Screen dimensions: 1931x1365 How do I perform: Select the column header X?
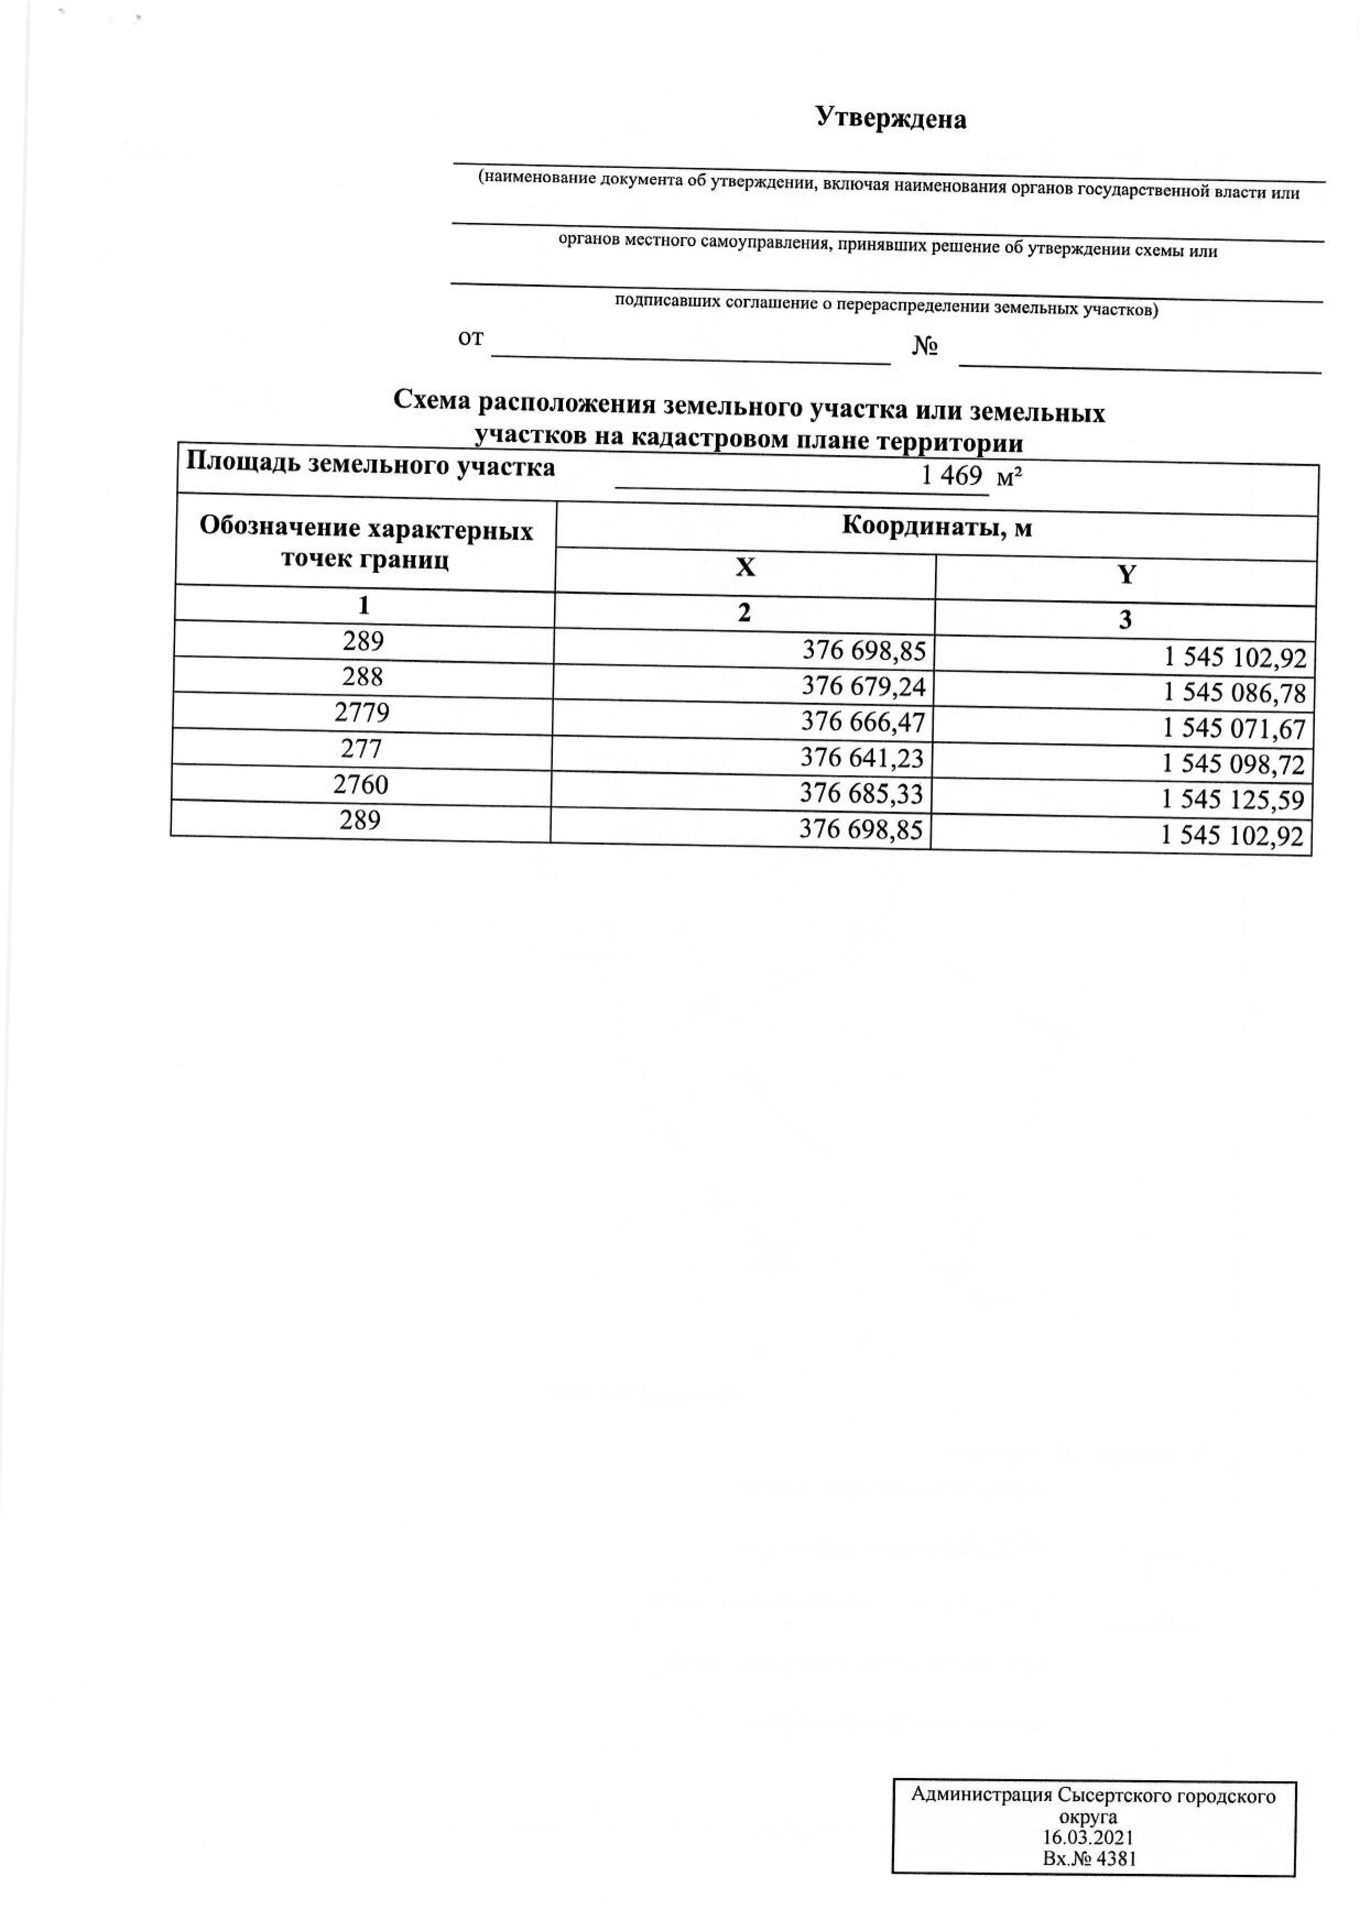pyautogui.click(x=745, y=569)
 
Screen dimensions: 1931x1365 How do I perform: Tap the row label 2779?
pyautogui.click(x=362, y=713)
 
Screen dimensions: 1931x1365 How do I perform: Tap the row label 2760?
pyautogui.click(x=361, y=785)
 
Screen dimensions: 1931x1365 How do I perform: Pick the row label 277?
pyautogui.click(x=362, y=749)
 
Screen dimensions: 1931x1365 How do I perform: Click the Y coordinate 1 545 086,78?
pyautogui.click(x=1234, y=694)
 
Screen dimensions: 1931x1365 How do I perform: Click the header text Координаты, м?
pyautogui.click(x=937, y=527)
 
